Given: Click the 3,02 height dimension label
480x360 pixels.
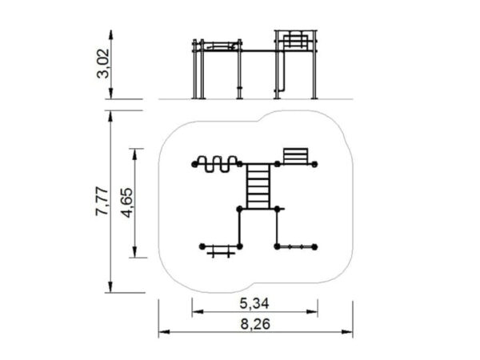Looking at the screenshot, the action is click(102, 64).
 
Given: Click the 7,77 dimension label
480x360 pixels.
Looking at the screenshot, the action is click(102, 201).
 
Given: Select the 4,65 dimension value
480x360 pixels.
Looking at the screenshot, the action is click(127, 202).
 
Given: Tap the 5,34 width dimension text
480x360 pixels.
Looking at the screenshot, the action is click(254, 303).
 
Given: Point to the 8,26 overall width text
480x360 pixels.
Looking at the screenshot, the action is click(255, 324).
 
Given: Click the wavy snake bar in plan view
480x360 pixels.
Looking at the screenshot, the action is click(217, 164).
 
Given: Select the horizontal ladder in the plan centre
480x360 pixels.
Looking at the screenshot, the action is click(258, 186).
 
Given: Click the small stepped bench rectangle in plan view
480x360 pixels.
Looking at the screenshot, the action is click(296, 156).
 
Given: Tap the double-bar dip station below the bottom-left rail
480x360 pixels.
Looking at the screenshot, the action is click(221, 253).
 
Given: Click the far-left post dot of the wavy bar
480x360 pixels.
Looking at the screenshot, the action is click(194, 164).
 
